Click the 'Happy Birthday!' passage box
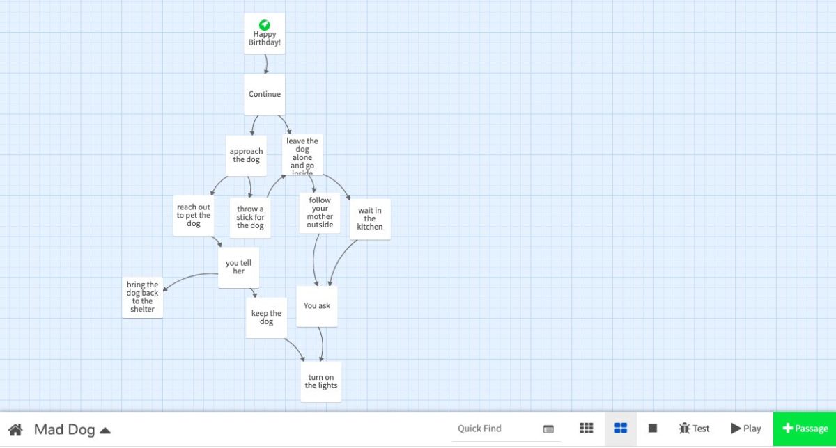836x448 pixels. coord(264,39)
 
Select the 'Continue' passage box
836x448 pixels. coord(265,94)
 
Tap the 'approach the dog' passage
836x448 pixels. coord(246,155)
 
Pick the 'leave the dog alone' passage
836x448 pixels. coord(302,154)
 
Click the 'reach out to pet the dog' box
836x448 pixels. coord(193,216)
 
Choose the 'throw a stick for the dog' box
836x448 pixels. coord(250,217)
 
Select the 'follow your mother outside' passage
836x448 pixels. coord(320,213)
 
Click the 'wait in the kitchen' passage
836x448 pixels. coord(370,218)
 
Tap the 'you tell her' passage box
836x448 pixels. coord(238,267)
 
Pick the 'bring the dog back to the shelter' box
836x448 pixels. coord(142,297)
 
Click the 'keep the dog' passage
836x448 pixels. coord(266,318)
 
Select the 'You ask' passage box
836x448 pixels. coord(317,306)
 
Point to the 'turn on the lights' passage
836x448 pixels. coord(321,381)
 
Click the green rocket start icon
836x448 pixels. coord(265,25)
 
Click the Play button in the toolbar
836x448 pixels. coord(745,429)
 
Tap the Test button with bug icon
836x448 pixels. coord(694,429)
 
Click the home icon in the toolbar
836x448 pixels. coord(15,429)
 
